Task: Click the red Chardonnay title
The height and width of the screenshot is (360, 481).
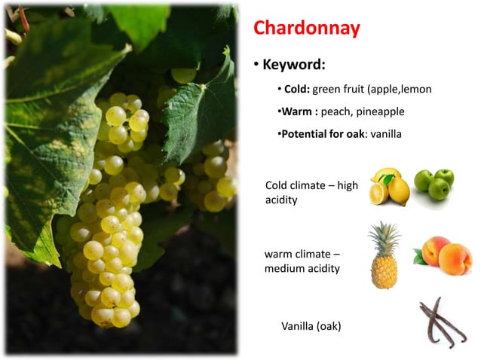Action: click(x=306, y=29)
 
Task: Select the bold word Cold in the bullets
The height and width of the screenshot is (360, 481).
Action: click(x=296, y=90)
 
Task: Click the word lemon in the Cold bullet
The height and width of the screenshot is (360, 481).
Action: click(x=416, y=90)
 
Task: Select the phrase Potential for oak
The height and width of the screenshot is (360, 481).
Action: click(x=320, y=134)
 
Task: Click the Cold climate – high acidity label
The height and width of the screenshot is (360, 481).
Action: click(x=311, y=193)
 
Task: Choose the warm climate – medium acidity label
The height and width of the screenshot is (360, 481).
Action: click(x=302, y=261)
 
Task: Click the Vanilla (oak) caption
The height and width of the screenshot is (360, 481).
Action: click(x=313, y=326)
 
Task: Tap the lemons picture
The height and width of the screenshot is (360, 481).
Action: click(x=389, y=187)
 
